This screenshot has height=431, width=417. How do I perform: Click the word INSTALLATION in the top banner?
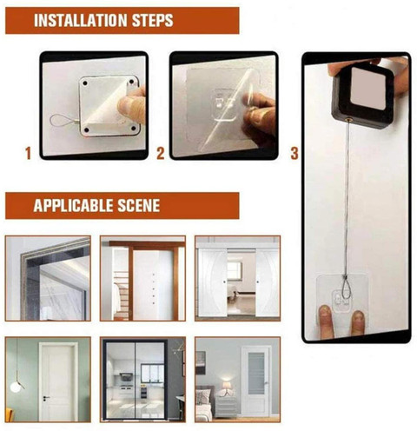81,20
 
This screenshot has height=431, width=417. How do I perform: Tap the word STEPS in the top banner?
153,20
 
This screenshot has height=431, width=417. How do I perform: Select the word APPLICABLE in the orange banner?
72,205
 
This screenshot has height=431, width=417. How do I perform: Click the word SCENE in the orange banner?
138,205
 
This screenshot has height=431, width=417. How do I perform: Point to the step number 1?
28,153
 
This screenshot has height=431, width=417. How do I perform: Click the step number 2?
161,153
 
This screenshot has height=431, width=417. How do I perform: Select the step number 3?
295,153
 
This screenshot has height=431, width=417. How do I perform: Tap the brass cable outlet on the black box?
347,119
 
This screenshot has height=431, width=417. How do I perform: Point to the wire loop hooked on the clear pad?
347,288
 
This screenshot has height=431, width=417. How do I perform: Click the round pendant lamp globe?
16,388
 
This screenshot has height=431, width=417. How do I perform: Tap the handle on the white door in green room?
46,398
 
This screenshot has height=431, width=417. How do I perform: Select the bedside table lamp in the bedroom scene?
227,388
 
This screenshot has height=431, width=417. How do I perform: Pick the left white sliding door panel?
212,282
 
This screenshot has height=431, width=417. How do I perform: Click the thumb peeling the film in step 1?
132,104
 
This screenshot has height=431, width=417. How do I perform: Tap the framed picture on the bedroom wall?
201,362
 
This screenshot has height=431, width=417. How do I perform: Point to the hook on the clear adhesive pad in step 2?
223,105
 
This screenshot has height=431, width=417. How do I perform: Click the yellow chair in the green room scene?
9,414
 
